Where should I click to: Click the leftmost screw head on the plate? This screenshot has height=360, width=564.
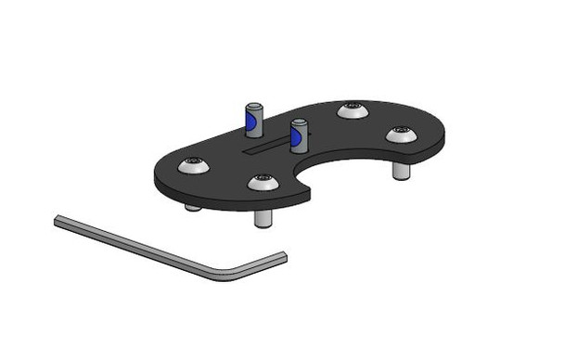click(194, 166)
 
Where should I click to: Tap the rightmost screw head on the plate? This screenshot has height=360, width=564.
click(401, 135)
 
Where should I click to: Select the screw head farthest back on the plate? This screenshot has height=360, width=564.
click(352, 110)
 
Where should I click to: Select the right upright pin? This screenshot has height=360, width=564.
click(298, 136)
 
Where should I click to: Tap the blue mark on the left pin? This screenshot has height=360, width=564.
click(250, 122)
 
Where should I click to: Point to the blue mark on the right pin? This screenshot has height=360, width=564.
click(296, 139)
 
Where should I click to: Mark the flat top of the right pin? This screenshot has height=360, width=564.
click(298, 122)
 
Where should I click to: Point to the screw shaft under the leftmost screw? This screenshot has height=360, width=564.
click(192, 206)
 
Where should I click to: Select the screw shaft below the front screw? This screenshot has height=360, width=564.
click(263, 219)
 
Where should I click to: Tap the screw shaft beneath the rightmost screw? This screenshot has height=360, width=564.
click(400, 172)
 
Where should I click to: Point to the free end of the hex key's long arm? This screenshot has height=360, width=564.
click(58, 220)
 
